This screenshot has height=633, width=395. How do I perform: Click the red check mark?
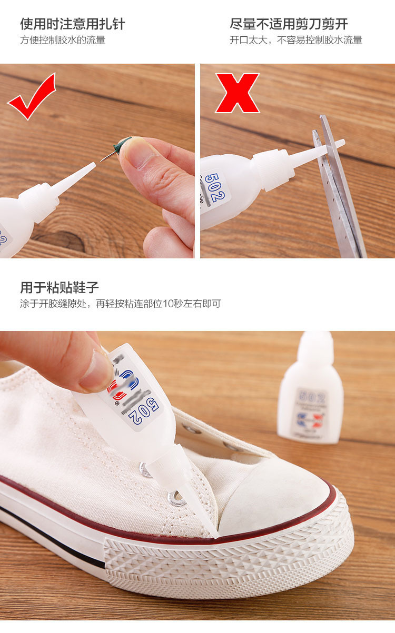pos(32,97)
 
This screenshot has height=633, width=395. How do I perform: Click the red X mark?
pos(237,93)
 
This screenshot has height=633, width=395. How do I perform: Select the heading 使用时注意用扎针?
pos(73,24)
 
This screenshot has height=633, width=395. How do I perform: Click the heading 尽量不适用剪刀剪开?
pos(289,24)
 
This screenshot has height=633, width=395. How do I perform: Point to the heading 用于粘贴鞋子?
pos(60,287)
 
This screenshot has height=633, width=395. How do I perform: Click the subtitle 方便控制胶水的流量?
pos(63,40)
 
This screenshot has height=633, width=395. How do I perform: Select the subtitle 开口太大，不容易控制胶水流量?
pos(296,40)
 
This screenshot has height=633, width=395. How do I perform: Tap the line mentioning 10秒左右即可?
pos(120,304)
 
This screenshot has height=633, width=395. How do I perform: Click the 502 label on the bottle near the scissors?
pos(215,189)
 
